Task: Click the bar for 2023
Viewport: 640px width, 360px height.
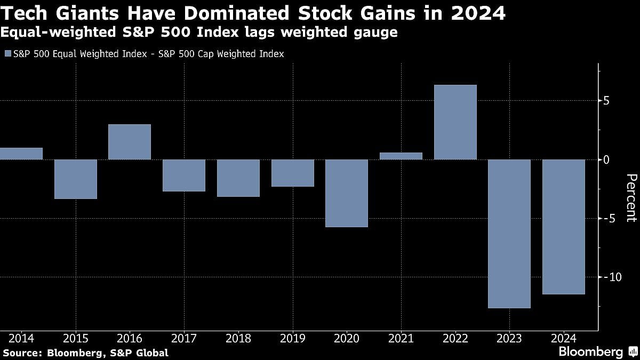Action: tap(510, 234)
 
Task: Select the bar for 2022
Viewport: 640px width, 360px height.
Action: tap(455, 122)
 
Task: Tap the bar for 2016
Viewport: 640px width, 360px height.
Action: tap(130, 142)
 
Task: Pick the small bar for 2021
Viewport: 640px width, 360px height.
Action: tap(401, 156)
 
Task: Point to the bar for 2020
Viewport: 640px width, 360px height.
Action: tap(347, 193)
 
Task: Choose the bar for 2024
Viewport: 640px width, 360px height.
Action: tap(564, 227)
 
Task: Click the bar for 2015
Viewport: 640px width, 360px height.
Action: tap(76, 179)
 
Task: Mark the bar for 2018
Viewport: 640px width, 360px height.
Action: tap(238, 178)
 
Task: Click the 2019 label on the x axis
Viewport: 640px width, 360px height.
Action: tap(292, 338)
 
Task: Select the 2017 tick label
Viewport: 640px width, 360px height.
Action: tap(184, 338)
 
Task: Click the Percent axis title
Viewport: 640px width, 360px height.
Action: tap(631, 197)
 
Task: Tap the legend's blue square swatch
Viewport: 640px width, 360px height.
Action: tap(7, 54)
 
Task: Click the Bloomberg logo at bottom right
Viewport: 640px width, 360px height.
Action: tap(591, 351)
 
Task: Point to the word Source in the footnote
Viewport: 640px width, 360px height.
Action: tap(21, 353)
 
